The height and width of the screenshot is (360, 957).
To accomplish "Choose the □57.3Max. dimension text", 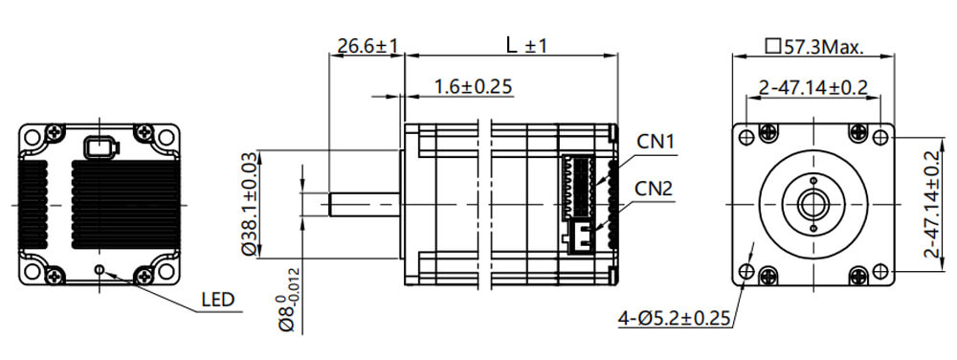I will pos(814,45).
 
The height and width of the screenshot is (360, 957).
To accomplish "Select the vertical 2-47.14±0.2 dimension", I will pos(931,204).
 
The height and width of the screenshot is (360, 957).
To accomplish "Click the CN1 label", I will pos(657,142).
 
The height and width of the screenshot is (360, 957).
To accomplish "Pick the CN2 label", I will pos(657,188).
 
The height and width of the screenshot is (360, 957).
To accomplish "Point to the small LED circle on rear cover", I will pos(100,269).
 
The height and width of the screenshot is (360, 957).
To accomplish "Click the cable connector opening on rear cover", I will pos(99,147).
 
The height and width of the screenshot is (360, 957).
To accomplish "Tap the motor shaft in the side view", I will pos(364,204).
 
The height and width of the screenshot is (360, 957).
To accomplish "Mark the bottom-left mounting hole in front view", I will pos(746,271).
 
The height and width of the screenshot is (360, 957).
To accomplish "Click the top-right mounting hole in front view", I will pos(880,137).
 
